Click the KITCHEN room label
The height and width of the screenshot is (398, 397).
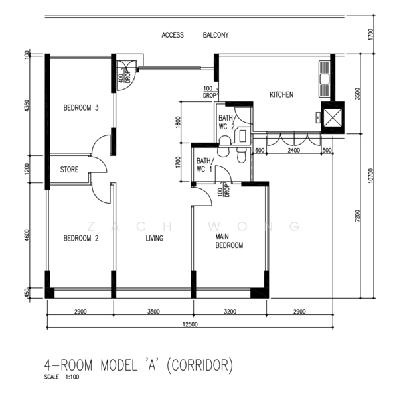(281, 94)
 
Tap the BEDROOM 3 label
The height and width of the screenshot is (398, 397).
(81, 108)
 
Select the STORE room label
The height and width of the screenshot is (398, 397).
(69, 169)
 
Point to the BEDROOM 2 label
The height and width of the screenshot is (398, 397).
(81, 238)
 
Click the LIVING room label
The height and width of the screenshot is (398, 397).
(155, 238)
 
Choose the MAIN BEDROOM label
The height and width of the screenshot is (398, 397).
(229, 241)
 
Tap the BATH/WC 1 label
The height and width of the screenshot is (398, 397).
(205, 165)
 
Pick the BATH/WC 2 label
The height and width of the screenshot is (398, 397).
(227, 122)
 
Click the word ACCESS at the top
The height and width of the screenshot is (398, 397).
(173, 35)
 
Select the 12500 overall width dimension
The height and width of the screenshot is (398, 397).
(190, 324)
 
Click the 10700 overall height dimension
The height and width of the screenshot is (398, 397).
(370, 176)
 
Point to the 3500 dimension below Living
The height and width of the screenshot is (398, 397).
(153, 312)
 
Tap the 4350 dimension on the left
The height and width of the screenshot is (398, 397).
(27, 106)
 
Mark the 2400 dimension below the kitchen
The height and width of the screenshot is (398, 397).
(293, 151)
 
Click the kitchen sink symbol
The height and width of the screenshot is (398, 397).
(325, 79)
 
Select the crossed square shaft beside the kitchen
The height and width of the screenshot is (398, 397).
(333, 118)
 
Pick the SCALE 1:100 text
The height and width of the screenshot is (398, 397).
(62, 377)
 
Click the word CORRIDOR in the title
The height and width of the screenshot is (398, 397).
(200, 365)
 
